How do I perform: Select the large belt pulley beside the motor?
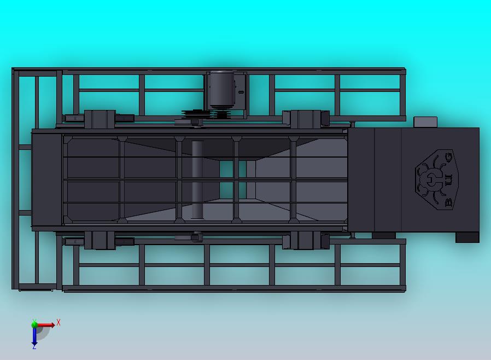click(x=195, y=115)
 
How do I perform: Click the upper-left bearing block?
click(x=100, y=118)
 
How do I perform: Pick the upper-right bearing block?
click(x=305, y=118)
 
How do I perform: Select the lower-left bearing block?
click(x=100, y=240)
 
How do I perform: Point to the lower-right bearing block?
click(x=305, y=240)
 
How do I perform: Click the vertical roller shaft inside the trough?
click(x=197, y=179)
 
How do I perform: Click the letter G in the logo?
click(x=448, y=158)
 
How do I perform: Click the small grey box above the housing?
click(x=425, y=122)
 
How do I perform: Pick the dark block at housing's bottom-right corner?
click(x=467, y=237)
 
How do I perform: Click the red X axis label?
click(x=59, y=322)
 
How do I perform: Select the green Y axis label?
click(x=34, y=321)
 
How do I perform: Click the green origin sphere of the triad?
click(x=34, y=325)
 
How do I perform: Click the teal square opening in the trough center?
click(x=226, y=179)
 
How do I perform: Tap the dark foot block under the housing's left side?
click(x=383, y=236)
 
